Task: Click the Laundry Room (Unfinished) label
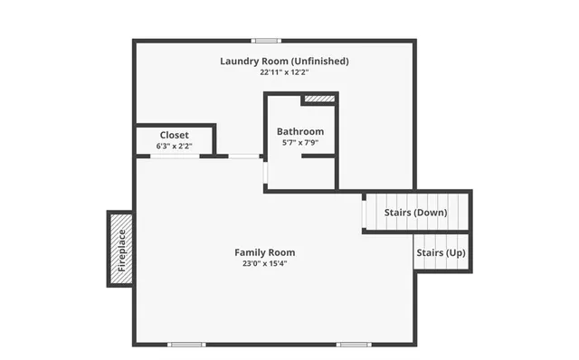tap(284, 62)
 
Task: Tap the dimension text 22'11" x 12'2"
tap(284, 72)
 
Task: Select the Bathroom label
tap(300, 132)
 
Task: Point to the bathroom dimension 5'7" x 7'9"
tap(300, 143)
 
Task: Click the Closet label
tap(175, 135)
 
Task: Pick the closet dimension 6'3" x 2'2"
tap(175, 146)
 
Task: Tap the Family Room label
tap(265, 252)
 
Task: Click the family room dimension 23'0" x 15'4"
tap(265, 263)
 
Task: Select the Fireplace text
tap(121, 249)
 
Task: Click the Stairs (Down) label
tap(415, 212)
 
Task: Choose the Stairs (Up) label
tap(441, 253)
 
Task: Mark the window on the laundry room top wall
tap(265, 40)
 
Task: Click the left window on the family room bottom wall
tap(187, 345)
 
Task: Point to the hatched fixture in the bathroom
tap(318, 99)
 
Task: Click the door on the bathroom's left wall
tap(266, 172)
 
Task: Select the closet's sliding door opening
tap(175, 156)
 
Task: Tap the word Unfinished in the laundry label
tap(318, 62)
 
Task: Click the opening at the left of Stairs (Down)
tap(364, 212)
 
